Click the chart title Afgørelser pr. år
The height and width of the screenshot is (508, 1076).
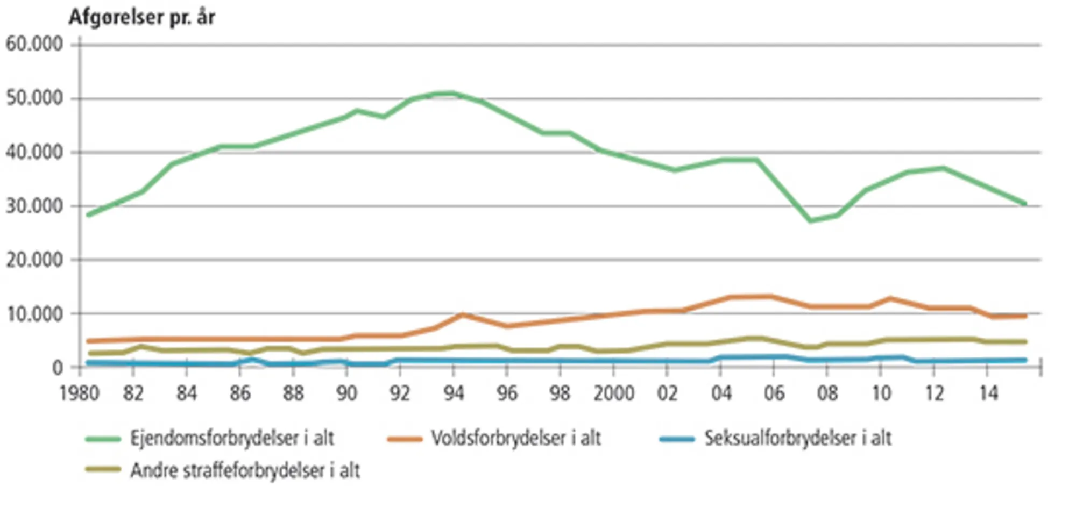pos(141,18)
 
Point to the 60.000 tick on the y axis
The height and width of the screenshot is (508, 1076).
pos(34,44)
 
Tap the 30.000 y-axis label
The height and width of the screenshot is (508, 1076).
pos(34,206)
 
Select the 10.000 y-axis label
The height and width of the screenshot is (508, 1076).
pos(34,314)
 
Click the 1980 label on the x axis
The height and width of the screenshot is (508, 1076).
pos(80,393)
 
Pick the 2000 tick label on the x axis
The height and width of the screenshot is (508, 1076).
pos(614,393)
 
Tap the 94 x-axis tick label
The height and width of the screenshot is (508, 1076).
pos(454,393)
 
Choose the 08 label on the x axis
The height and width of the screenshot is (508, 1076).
pos(827,393)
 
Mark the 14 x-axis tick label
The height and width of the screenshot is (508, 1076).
pos(988,393)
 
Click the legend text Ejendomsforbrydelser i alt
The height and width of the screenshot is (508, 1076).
pos(232,439)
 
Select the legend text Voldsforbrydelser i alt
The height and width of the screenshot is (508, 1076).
pos(516,439)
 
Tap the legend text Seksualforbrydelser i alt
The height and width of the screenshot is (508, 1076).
pos(798,439)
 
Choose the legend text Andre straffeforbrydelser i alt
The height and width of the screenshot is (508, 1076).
pos(245,471)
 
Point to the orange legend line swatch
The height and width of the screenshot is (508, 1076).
pos(405,439)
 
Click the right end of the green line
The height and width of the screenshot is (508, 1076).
pos(1024,204)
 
